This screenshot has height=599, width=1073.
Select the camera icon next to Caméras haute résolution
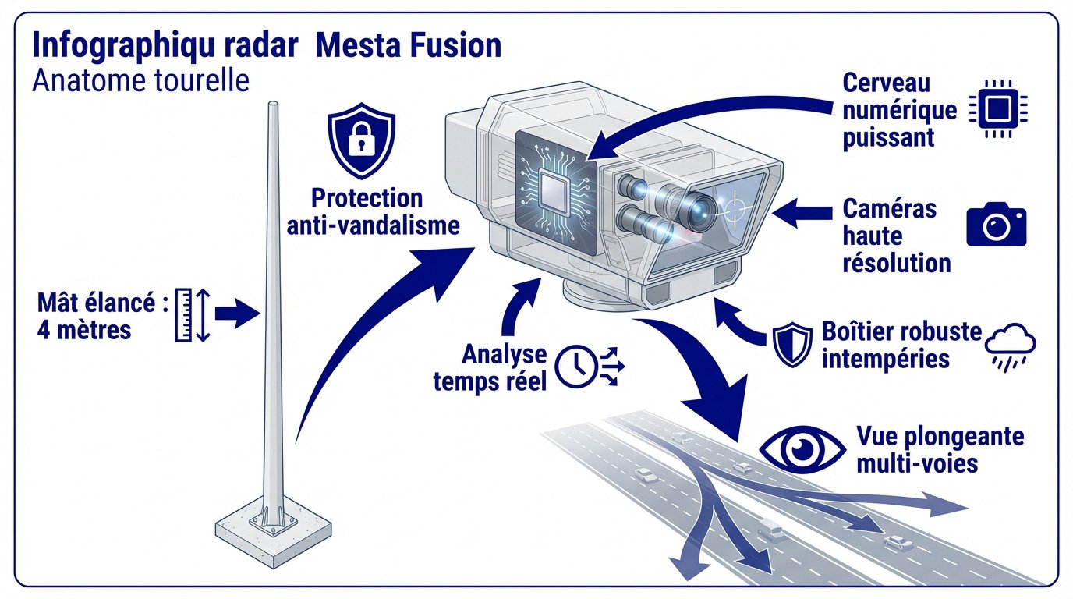[x=996, y=225]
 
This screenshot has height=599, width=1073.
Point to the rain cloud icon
[x=1011, y=345]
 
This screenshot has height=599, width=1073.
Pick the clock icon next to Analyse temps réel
[x=575, y=366]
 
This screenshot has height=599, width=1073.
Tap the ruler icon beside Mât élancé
[x=185, y=315]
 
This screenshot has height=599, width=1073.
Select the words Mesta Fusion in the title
[x=409, y=46]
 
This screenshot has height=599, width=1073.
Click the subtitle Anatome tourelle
[x=140, y=80]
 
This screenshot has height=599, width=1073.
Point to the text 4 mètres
[x=84, y=329]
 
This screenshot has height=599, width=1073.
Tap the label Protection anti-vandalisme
[x=373, y=211]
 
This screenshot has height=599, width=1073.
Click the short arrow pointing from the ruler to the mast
[x=237, y=314]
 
